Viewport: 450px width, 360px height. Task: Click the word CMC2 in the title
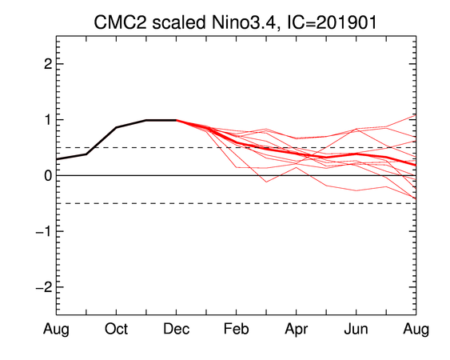pos(120,22)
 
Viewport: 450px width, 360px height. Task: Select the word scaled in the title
pos(179,22)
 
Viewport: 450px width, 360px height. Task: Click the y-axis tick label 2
pos(48,64)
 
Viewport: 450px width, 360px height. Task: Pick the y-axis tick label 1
pos(48,120)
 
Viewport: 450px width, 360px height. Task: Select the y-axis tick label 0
pos(48,175)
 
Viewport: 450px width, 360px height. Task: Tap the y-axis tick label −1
pos(44,231)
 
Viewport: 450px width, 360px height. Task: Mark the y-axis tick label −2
pos(44,287)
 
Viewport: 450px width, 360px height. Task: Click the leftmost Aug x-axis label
pos(56,330)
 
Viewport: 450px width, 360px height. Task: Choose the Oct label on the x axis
pos(116,329)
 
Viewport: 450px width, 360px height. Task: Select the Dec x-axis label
pos(176,329)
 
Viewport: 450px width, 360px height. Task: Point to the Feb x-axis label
pos(237,329)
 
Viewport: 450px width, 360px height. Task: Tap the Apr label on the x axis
pos(297,330)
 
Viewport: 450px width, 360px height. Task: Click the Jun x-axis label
pos(356,329)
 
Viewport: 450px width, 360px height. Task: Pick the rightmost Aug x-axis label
pos(416,330)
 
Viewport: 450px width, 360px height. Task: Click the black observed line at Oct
pos(116,127)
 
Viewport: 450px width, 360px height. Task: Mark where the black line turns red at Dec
pos(176,120)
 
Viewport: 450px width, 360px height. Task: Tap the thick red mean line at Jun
pos(356,154)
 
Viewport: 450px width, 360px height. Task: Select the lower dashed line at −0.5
pos(237,203)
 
